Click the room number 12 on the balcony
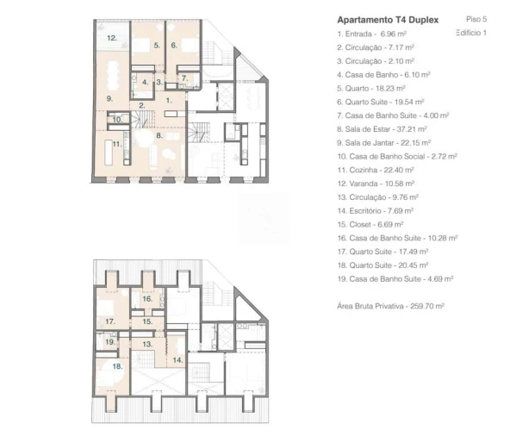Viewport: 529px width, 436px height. (112, 38)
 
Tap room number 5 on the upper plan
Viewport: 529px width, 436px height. (157, 45)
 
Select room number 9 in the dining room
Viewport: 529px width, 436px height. (109, 99)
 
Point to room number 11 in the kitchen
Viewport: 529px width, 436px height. (117, 145)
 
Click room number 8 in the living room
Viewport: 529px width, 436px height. (159, 135)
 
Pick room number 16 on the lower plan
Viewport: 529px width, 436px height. (147, 299)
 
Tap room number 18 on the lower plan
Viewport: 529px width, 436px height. (117, 366)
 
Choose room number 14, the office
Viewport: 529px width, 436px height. (177, 360)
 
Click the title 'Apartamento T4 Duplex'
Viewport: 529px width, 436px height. (388, 20)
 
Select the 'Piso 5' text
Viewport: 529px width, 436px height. (476, 19)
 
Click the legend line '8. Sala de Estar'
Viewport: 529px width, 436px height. (383, 129)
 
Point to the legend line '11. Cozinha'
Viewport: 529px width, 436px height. (376, 170)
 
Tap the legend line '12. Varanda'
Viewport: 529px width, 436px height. (376, 184)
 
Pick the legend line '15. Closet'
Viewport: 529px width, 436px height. (370, 224)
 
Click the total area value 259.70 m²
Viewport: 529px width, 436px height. (427, 306)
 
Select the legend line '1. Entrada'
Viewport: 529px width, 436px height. (372, 34)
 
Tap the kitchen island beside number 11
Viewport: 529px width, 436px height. (109, 153)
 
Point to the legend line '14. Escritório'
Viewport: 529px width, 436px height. (376, 211)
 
